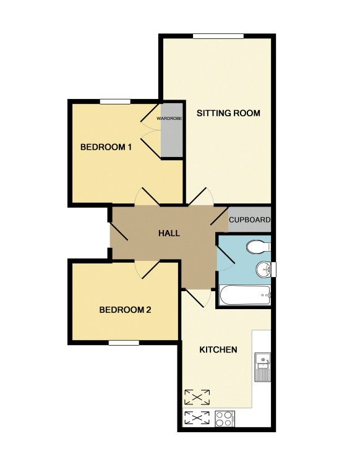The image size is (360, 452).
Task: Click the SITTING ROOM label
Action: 228,113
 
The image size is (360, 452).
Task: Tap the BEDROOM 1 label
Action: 106,147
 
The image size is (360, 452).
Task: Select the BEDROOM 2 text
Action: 125,310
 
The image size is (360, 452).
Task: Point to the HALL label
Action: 169,233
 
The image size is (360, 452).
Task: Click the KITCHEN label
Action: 218,349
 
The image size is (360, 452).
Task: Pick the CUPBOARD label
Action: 250,220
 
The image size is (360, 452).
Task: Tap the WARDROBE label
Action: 169,119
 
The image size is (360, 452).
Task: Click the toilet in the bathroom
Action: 259,247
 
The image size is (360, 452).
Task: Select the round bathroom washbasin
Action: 263,270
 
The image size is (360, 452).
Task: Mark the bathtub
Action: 245,295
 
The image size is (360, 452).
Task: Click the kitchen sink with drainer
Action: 262,367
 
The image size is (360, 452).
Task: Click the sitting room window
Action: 218,36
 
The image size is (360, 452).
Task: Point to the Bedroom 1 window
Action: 115,101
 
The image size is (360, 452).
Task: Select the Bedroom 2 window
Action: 124,343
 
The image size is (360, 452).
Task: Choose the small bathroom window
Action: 274,270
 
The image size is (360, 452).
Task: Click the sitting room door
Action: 200,197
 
